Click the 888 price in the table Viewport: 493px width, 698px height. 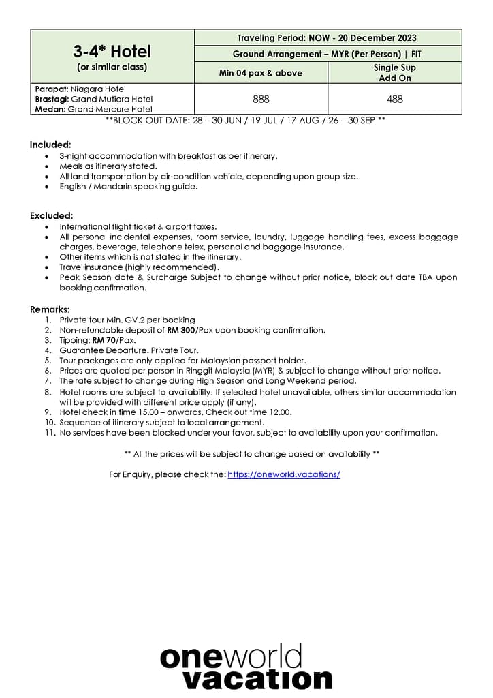[x=261, y=99]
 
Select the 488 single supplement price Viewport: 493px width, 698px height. [x=395, y=99]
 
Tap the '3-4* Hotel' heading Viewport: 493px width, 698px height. [x=112, y=51]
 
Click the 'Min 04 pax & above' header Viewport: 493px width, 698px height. [x=261, y=73]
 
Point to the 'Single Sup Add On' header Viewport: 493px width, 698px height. [x=395, y=73]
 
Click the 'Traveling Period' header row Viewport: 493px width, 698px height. [x=327, y=38]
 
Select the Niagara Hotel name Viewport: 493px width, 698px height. [x=97, y=89]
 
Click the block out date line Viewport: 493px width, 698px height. [x=245, y=120]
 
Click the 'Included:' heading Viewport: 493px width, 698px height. [x=50, y=145]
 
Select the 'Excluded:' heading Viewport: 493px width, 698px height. [x=51, y=215]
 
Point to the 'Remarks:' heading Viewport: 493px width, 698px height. [x=50, y=309]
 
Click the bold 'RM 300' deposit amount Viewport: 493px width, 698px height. [x=181, y=330]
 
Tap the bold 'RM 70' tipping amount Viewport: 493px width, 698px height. [x=105, y=340]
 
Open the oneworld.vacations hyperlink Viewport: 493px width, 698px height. [x=284, y=474]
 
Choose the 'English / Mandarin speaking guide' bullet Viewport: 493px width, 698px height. [x=128, y=187]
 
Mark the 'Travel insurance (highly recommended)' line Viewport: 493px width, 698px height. [x=139, y=267]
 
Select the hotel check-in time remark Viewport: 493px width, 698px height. [x=175, y=412]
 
